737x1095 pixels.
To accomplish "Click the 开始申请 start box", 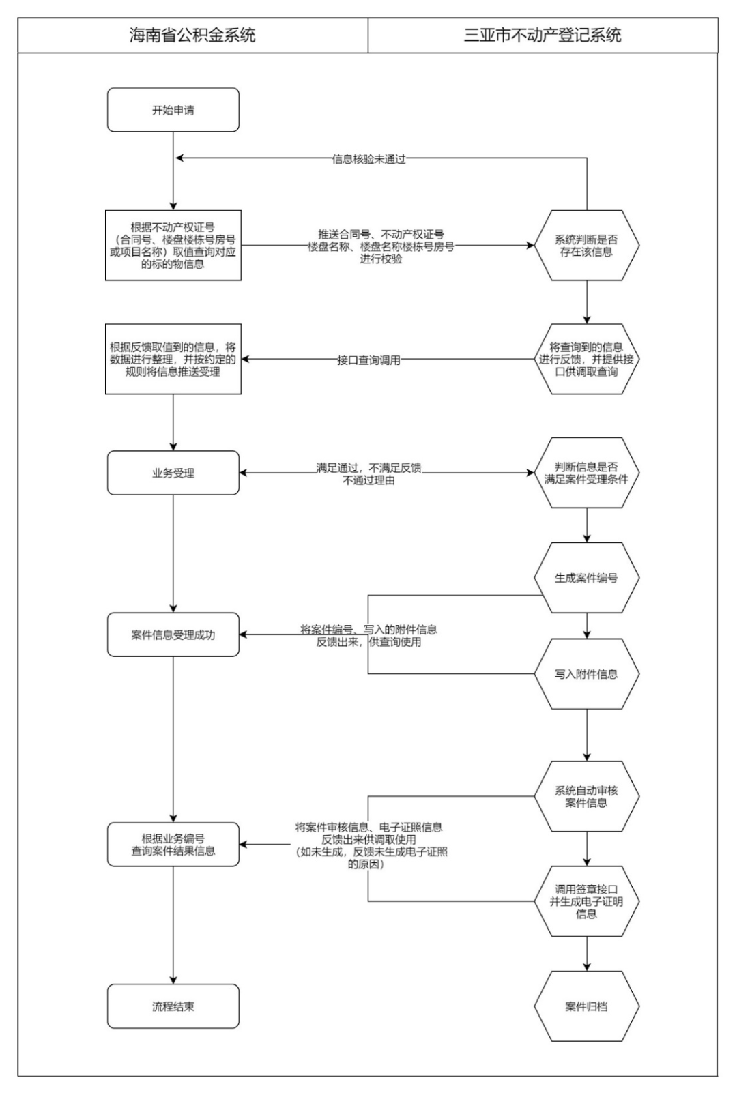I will click(x=173, y=110).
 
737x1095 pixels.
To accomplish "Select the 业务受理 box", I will click(x=173, y=473).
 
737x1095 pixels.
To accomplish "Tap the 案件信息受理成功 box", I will click(x=173, y=634).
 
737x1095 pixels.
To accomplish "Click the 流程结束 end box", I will click(x=173, y=1006).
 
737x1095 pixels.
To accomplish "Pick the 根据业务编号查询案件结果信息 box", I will click(x=173, y=845).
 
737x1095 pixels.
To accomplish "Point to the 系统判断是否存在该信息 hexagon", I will click(x=586, y=246).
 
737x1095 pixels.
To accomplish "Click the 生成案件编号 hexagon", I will click(x=586, y=578).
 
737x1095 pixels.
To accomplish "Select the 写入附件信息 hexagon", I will click(x=586, y=674).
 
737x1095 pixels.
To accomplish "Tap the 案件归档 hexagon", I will click(x=586, y=1006).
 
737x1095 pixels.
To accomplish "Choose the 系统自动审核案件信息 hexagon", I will click(x=586, y=796).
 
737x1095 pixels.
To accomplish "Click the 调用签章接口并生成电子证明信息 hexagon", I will click(x=586, y=901).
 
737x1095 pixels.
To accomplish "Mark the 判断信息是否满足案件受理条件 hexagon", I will click(x=586, y=473).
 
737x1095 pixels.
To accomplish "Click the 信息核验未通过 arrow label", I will click(x=369, y=159).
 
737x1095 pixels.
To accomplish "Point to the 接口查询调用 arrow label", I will click(x=369, y=360).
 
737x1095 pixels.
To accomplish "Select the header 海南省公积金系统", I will click(x=192, y=35).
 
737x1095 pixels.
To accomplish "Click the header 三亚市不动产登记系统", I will click(x=543, y=35).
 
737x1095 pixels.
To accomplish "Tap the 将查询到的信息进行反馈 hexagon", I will click(x=586, y=360).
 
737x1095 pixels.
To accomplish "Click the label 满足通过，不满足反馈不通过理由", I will click(x=369, y=473).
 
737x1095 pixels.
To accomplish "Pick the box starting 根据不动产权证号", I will click(x=173, y=246).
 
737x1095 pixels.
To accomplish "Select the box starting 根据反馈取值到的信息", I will click(x=173, y=360).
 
